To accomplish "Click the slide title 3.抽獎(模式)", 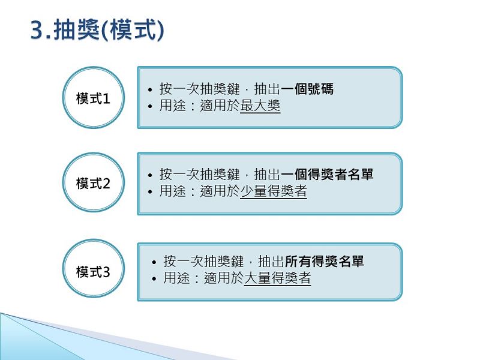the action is click(x=97, y=30).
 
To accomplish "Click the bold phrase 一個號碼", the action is click(x=307, y=89).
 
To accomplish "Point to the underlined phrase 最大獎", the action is click(x=260, y=106).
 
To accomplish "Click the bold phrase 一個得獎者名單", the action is click(x=327, y=174).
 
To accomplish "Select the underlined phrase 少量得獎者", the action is click(x=274, y=191).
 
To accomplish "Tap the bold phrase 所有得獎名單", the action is click(x=324, y=261).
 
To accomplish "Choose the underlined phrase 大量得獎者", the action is click(x=277, y=278).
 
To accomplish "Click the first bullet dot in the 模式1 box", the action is click(x=149, y=90).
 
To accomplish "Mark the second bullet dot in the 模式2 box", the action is click(x=149, y=192).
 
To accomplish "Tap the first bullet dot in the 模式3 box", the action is click(x=154, y=262).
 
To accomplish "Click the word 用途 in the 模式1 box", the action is click(x=173, y=106).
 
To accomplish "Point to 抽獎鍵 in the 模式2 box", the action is click(x=220, y=174).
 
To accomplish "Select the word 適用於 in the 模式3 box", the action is click(x=224, y=278).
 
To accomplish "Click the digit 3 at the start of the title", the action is click(x=37, y=31).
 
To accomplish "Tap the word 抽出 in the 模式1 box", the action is click(x=267, y=89).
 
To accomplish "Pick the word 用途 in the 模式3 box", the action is click(x=176, y=278).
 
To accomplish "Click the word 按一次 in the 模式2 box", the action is click(x=179, y=174).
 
